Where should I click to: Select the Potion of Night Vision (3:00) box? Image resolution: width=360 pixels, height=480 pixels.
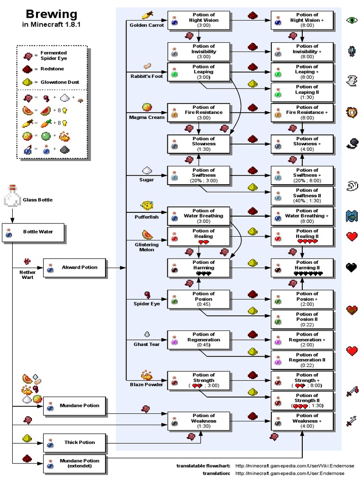tap(199, 21)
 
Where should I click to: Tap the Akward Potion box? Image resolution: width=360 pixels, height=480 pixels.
tap(74, 268)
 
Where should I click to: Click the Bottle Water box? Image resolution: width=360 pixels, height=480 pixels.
tap(34, 232)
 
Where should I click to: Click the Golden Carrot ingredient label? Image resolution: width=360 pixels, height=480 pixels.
tap(147, 25)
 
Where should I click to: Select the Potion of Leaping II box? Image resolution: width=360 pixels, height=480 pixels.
tap(302, 92)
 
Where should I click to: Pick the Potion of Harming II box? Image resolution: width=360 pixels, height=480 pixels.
tap(302, 268)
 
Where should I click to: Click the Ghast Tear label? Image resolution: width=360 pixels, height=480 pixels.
tap(147, 345)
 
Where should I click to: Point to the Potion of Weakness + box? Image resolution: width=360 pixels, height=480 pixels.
tap(302, 421)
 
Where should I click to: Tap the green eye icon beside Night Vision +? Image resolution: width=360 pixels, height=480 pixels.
tap(352, 20)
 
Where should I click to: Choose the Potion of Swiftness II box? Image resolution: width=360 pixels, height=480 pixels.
tap(302, 195)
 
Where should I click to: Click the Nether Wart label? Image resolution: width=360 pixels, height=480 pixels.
tap(28, 274)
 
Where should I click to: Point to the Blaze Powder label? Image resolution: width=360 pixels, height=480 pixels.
tap(146, 385)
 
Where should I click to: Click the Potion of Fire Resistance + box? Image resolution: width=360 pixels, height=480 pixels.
tap(302, 112)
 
